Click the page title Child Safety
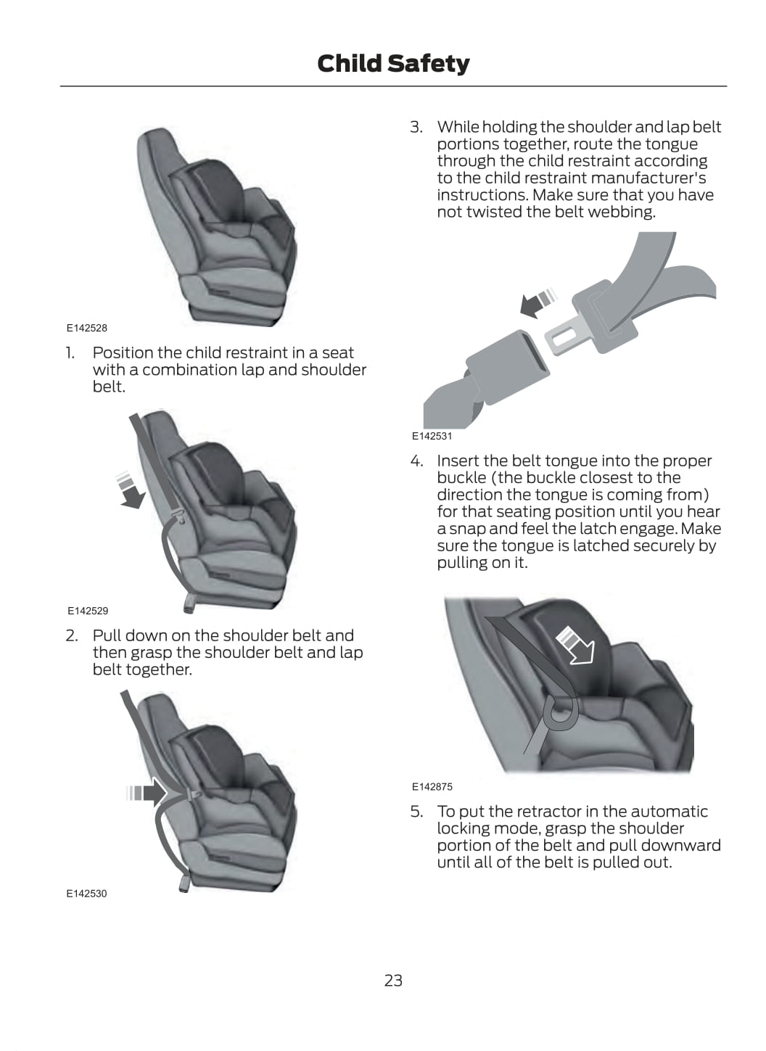393,63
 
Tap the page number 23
393,980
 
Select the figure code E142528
87,328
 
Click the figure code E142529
88,611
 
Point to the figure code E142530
87,894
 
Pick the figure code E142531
432,436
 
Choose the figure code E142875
432,787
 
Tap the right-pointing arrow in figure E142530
147,793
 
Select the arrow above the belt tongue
539,302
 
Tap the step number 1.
70,353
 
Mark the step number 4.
416,461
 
